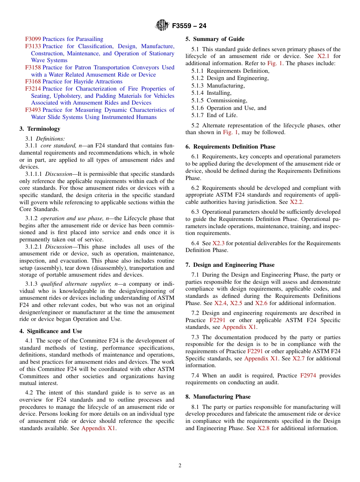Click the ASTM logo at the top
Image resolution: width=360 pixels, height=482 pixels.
coord(162,26)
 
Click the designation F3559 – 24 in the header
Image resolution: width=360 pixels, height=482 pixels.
coord(189,26)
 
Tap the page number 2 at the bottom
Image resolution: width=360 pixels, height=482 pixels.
coord(180,466)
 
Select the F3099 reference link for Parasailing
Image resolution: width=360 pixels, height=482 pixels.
coord(33,39)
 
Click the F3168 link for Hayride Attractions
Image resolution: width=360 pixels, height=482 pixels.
coord(33,81)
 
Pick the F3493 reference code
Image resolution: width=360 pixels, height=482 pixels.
coord(33,110)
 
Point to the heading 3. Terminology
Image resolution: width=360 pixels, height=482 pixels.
coord(40,129)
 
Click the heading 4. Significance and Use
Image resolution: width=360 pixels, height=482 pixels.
coord(50,331)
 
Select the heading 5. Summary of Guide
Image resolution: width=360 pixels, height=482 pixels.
coord(215,39)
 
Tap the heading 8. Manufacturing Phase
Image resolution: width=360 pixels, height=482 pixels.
coord(218,397)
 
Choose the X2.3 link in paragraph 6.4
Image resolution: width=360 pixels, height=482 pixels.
coord(218,243)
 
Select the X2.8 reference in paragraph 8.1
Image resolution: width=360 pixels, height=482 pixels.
coord(263,428)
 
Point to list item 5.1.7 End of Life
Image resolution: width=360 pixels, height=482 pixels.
coord(214,115)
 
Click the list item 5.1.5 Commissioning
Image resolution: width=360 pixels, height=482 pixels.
coord(219,100)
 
